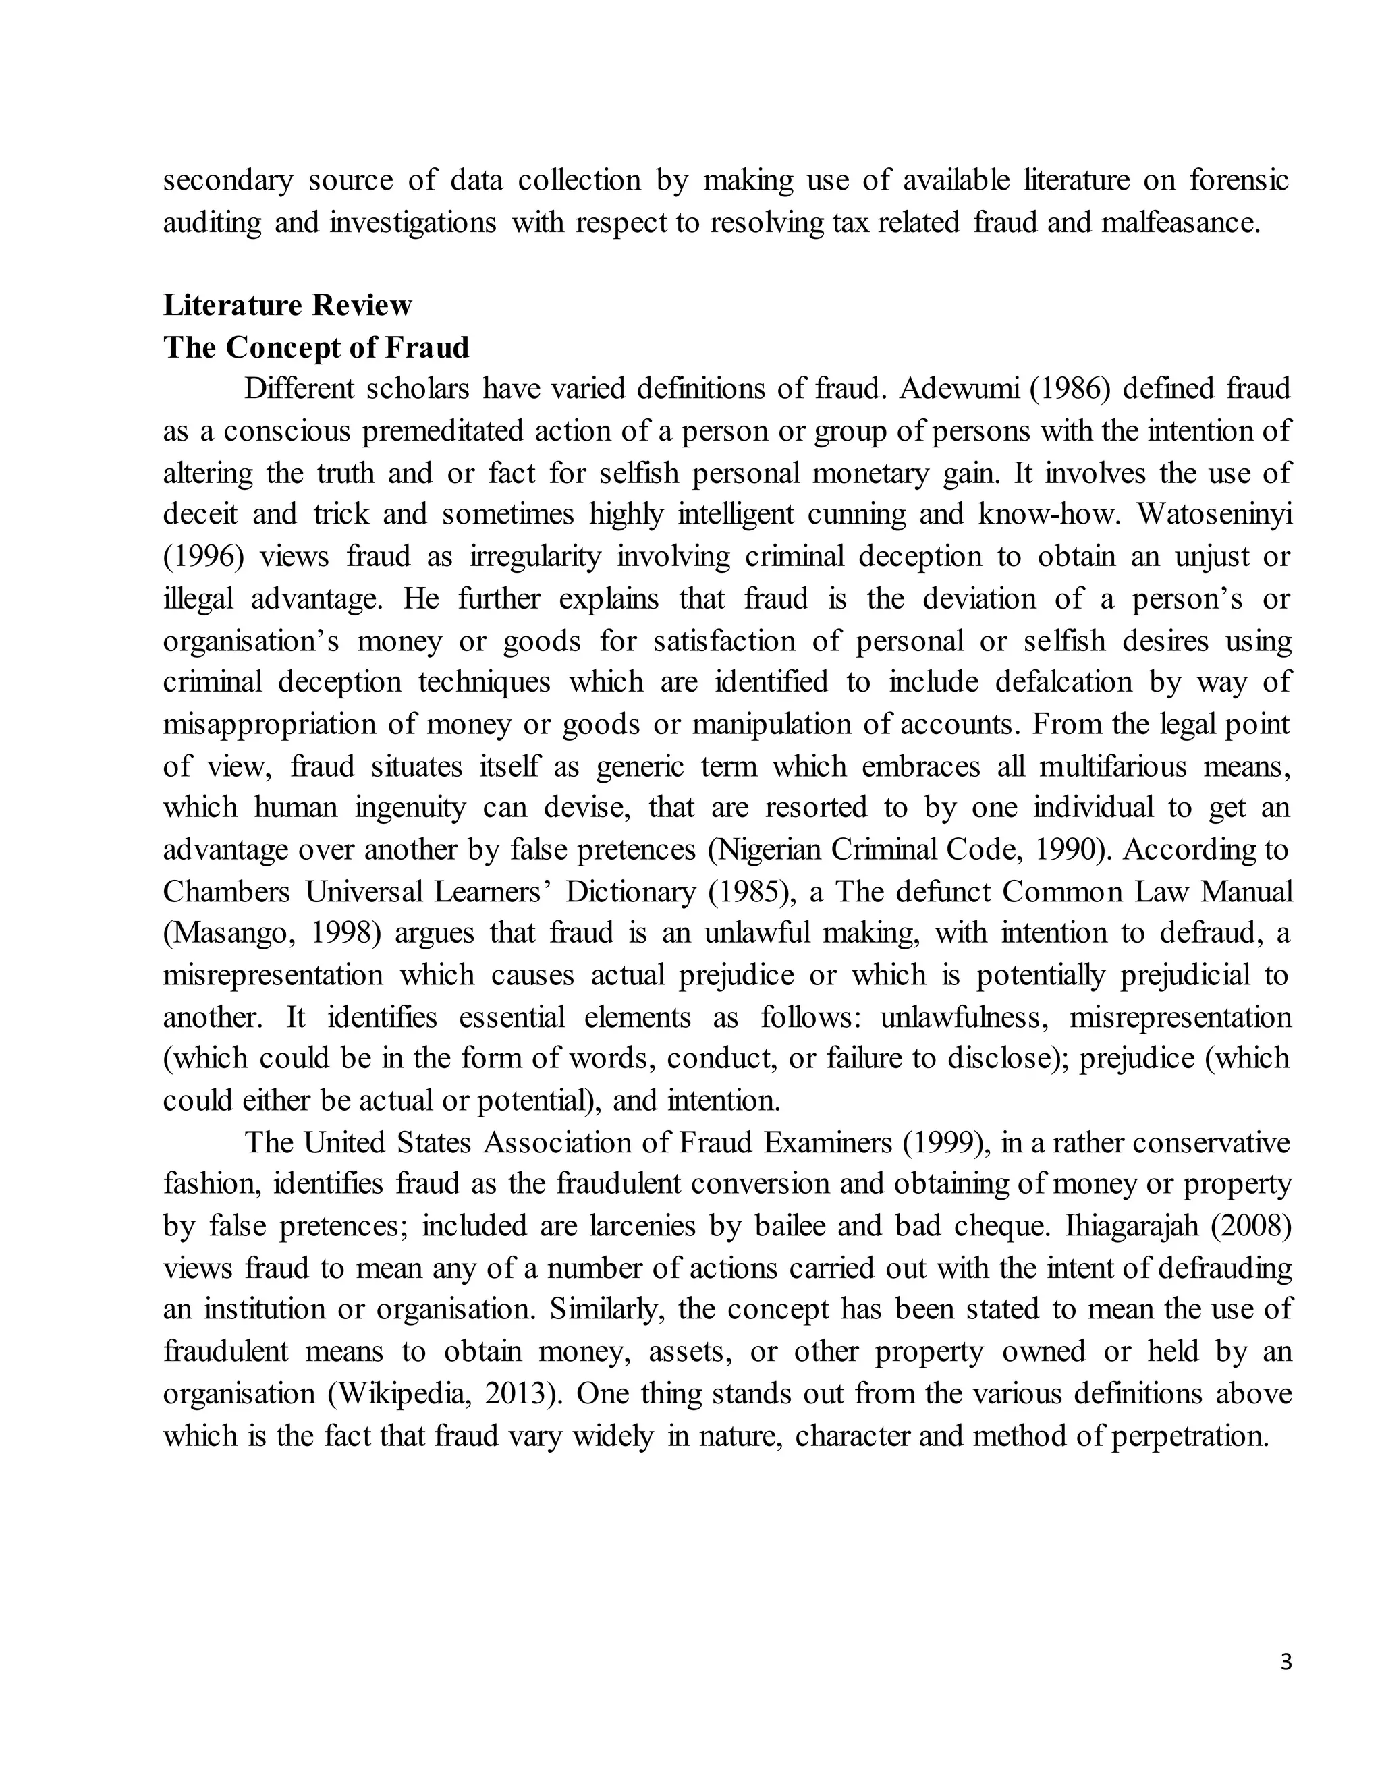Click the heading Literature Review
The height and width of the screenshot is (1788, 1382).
tap(287, 306)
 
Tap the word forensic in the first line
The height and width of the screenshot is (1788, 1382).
tap(1239, 180)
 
